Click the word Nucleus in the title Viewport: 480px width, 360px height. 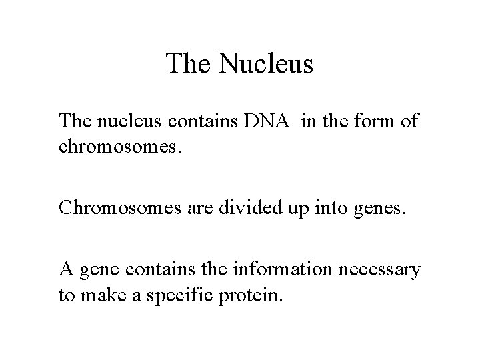265,64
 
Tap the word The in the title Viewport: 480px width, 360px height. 189,64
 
